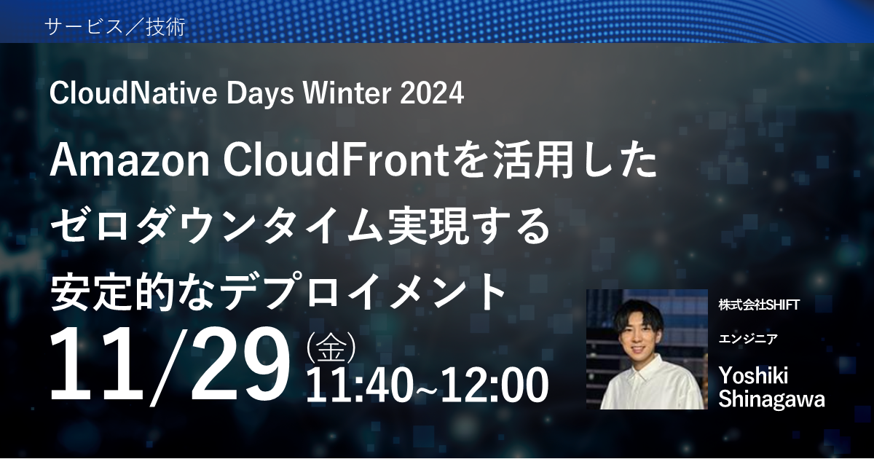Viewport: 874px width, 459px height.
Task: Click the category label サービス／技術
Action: tap(115, 28)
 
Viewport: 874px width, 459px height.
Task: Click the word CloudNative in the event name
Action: tap(133, 93)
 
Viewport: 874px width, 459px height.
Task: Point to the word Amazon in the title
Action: tap(130, 162)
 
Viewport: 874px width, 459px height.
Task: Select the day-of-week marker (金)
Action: tap(331, 347)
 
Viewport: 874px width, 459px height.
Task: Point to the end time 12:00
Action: tap(495, 385)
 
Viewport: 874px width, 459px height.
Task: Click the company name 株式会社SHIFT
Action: tap(759, 305)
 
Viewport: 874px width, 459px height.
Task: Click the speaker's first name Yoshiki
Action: tap(753, 376)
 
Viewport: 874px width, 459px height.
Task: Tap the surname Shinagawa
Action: tap(772, 399)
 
